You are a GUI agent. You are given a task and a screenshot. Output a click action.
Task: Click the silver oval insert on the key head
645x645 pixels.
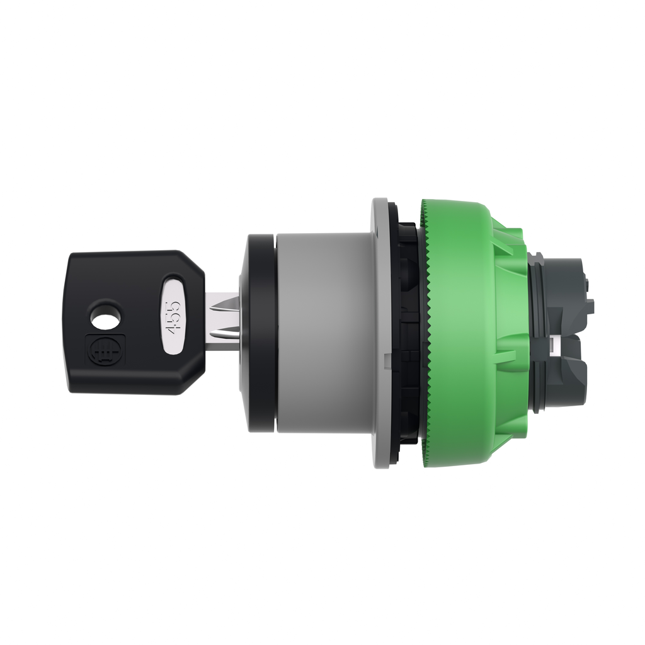tap(174, 314)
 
